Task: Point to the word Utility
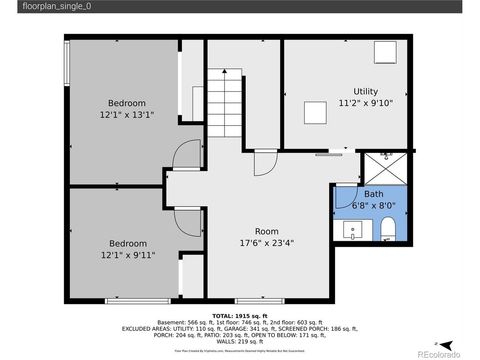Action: pyautogui.click(x=366, y=91)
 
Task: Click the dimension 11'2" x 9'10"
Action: pyautogui.click(x=366, y=102)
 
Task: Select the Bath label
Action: pyautogui.click(x=373, y=194)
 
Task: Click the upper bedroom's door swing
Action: pyautogui.click(x=186, y=156)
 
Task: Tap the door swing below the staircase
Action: pyautogui.click(x=263, y=162)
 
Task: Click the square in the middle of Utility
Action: pyautogui.click(x=317, y=112)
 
